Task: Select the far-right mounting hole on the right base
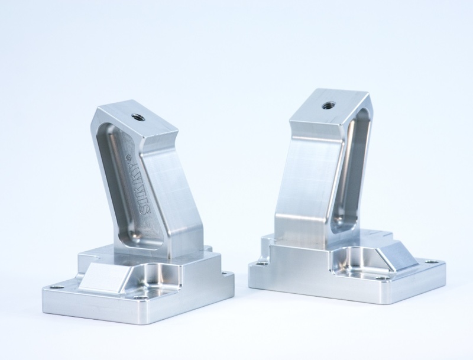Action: coord(435,258)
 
